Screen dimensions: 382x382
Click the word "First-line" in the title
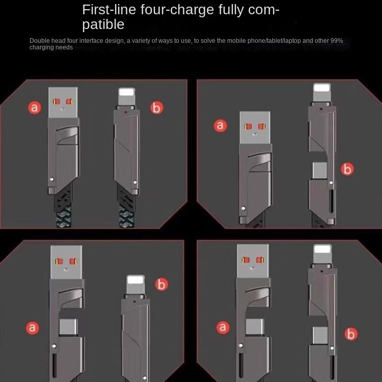click(x=106, y=10)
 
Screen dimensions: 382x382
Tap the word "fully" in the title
click(x=230, y=10)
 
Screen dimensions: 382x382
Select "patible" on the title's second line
click(x=103, y=24)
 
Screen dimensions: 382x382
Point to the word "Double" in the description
click(x=39, y=40)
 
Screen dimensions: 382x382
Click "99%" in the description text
click(x=343, y=40)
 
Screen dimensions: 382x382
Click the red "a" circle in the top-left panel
click(x=34, y=107)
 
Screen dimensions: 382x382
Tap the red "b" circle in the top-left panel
click(x=156, y=107)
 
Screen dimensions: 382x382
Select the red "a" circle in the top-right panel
click(x=221, y=125)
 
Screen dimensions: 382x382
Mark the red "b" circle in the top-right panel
click(x=347, y=169)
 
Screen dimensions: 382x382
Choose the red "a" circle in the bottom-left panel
click(x=33, y=328)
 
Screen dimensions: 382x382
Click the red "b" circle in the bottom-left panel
click(x=161, y=285)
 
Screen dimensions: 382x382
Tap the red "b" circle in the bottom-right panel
click(x=350, y=334)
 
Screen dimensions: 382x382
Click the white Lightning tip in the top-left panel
click(x=127, y=95)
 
